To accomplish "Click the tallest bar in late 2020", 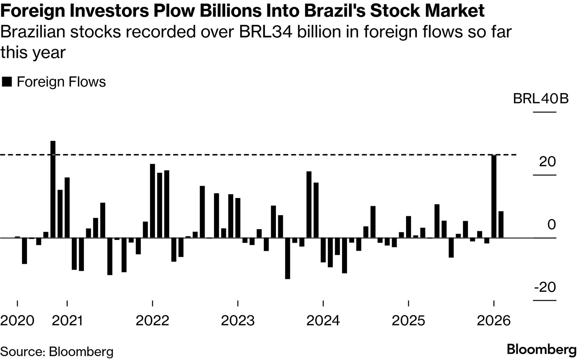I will pyautogui.click(x=53, y=189).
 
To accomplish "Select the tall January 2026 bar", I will pyautogui.click(x=494, y=196).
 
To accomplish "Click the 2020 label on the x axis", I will pyautogui.click(x=17, y=320).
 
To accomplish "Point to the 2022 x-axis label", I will pyautogui.click(x=152, y=320).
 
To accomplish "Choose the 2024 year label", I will pyautogui.click(x=323, y=320).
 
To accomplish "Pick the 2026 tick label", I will pyautogui.click(x=494, y=320).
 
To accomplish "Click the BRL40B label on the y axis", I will pyautogui.click(x=541, y=99).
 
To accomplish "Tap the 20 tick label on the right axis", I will pyautogui.click(x=547, y=162).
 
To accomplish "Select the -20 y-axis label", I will pyautogui.click(x=545, y=287).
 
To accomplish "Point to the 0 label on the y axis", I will pyautogui.click(x=551, y=225).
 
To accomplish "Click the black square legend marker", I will pyautogui.click(x=7, y=82).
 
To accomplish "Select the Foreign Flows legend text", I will pyautogui.click(x=61, y=82).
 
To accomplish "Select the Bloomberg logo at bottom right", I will pyautogui.click(x=541, y=350).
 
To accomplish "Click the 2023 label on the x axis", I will pyautogui.click(x=237, y=320).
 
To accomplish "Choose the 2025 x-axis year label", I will pyautogui.click(x=408, y=320).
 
